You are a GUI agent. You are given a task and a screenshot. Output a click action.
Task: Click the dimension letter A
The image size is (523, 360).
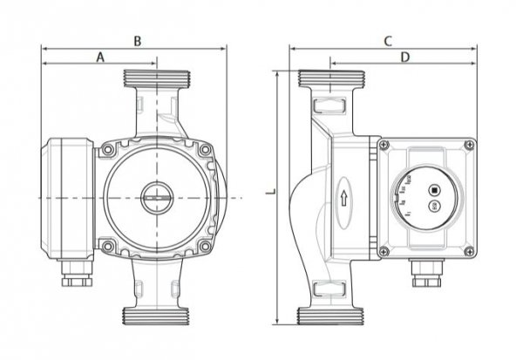100,58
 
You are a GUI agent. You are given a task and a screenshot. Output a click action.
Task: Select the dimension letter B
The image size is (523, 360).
137,40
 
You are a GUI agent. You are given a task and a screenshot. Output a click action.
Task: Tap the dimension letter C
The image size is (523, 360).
388,41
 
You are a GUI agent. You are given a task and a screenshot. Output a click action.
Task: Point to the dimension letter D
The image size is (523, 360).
404,58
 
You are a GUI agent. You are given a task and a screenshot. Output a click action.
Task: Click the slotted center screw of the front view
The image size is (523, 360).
155,196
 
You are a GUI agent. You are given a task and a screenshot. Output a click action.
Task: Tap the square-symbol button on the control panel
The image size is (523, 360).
433,191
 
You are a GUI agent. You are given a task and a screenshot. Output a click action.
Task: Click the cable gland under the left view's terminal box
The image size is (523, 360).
74,281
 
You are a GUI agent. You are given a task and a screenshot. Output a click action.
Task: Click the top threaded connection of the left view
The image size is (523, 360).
158,80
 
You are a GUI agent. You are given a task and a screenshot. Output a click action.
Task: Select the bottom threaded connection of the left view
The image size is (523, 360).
158,314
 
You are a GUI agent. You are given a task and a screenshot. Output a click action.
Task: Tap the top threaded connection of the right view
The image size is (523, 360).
331,79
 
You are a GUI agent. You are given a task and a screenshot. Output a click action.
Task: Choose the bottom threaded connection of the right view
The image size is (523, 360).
331,314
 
